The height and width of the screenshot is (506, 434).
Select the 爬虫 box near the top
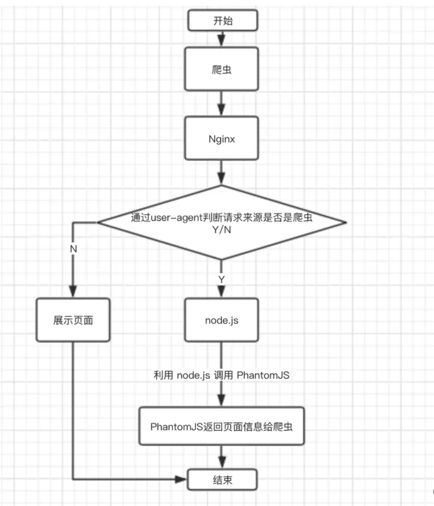(x=221, y=71)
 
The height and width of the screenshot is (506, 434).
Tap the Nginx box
(x=221, y=139)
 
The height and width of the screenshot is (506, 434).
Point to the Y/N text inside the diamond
(x=221, y=229)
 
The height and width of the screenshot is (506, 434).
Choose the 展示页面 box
(x=73, y=320)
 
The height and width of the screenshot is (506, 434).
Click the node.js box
(x=221, y=320)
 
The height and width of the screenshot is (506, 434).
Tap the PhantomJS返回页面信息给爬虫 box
(x=221, y=426)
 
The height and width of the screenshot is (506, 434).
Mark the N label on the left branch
(x=73, y=249)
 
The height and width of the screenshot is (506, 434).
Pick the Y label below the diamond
(x=221, y=277)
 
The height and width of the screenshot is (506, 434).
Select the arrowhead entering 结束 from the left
(x=183, y=480)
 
